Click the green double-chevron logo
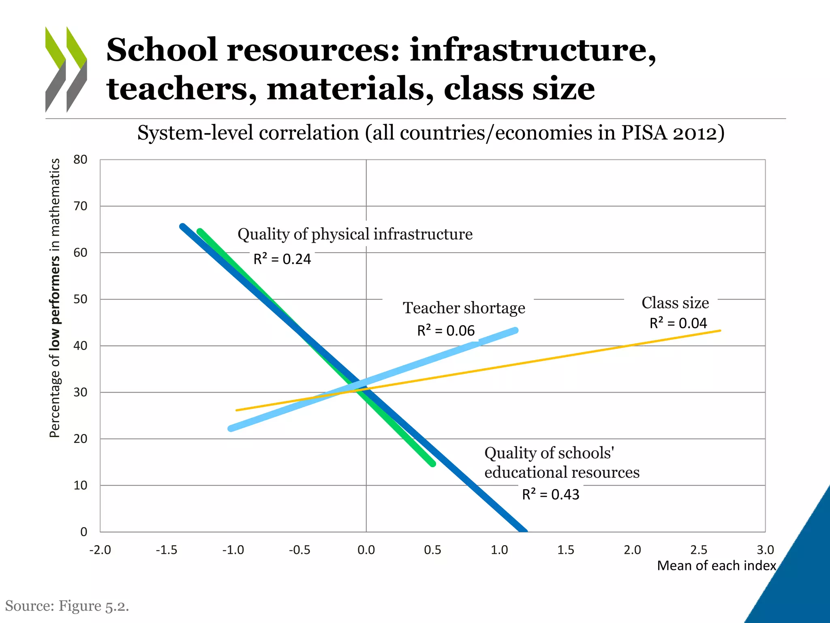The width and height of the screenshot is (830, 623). click(66, 69)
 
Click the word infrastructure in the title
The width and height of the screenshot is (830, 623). click(532, 50)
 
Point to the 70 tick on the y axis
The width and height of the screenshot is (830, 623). click(80, 206)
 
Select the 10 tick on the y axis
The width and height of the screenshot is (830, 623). click(80, 485)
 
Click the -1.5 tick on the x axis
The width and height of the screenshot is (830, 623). click(167, 550)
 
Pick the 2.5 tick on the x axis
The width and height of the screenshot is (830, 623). click(699, 550)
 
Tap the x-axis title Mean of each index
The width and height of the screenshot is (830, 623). click(716, 565)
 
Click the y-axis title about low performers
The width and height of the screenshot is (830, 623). click(55, 298)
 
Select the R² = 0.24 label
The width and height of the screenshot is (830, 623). click(282, 259)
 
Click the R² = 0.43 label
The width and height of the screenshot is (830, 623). click(550, 494)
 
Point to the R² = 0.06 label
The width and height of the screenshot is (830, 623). click(446, 331)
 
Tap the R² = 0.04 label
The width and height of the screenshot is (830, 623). click(678, 323)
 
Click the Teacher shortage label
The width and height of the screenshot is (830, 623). click(464, 308)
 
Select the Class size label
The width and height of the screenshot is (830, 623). click(675, 303)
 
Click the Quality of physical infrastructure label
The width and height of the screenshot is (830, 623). click(355, 234)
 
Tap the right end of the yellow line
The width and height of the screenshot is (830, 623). click(720, 331)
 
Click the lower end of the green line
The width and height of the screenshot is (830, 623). click(433, 464)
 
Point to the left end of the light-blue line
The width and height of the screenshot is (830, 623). click(231, 428)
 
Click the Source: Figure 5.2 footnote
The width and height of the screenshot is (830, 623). click(67, 606)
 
